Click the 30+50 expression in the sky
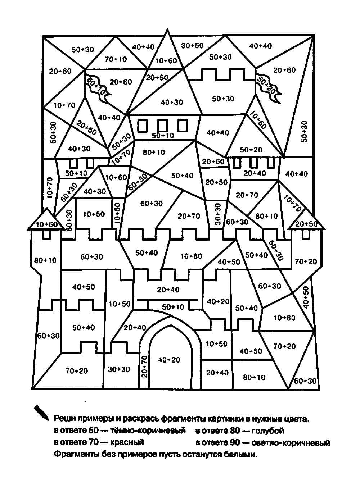tap(192, 45)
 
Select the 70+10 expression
tap(116, 59)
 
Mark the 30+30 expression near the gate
tap(118, 369)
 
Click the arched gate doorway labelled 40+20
tap(169, 360)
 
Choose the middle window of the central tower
tap(163, 126)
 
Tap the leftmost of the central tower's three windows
tap(143, 126)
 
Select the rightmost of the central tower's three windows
tap(183, 126)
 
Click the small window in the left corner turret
tap(46, 234)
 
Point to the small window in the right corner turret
tap(306, 234)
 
